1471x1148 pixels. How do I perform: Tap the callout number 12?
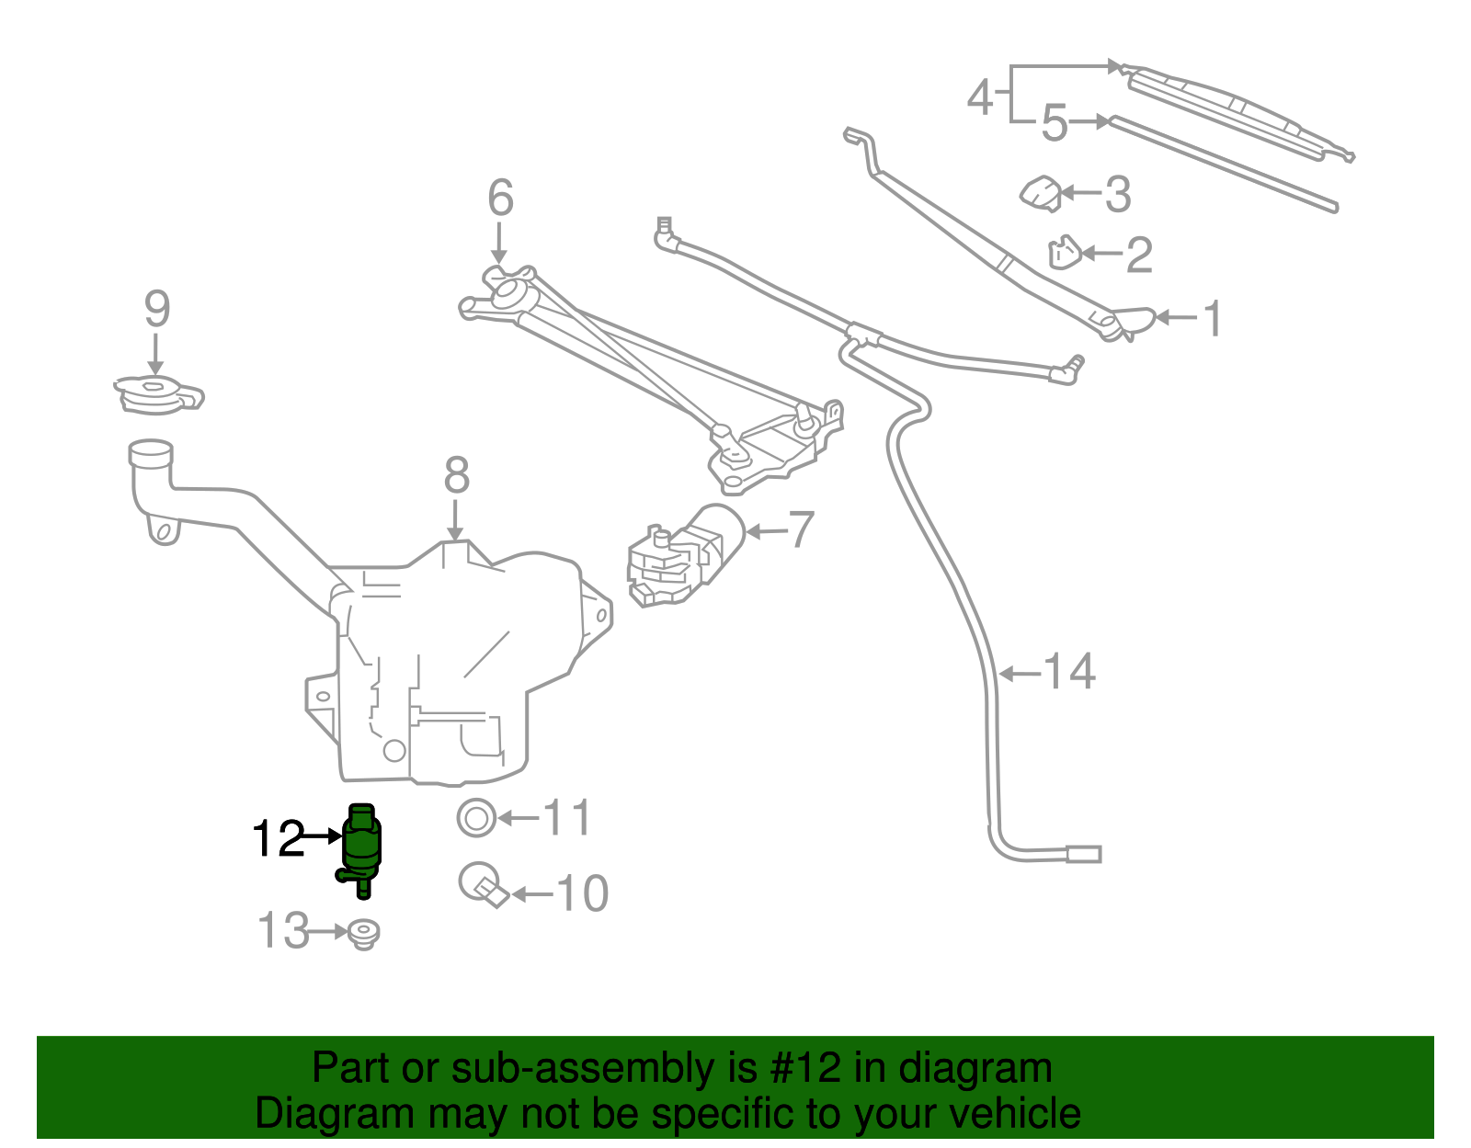click(x=278, y=838)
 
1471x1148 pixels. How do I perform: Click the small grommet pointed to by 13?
click(x=365, y=934)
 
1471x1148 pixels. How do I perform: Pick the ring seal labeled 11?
click(x=476, y=817)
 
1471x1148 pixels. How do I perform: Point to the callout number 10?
click(x=583, y=893)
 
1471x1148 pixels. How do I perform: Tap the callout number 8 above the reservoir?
click(x=456, y=476)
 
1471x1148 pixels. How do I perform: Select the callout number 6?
click(x=500, y=198)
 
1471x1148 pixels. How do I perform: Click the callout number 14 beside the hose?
click(x=1070, y=672)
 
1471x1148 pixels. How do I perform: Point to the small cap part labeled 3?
click(x=1042, y=193)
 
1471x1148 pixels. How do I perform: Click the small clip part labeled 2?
click(x=1064, y=253)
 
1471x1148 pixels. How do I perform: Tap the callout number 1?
click(x=1213, y=318)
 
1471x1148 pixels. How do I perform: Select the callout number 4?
click(x=981, y=96)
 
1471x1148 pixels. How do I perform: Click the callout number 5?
click(x=1055, y=123)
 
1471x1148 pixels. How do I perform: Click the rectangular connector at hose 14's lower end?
click(x=1084, y=854)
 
